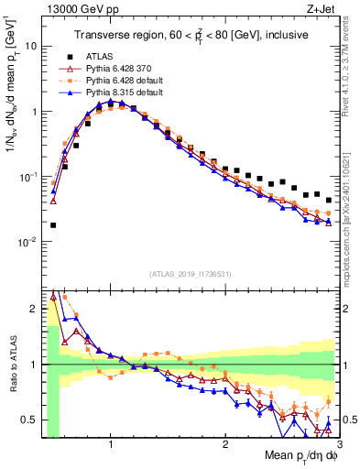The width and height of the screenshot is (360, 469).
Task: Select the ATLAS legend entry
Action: pyautogui.click(x=97, y=55)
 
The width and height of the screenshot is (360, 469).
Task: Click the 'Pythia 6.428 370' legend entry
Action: pyautogui.click(x=116, y=67)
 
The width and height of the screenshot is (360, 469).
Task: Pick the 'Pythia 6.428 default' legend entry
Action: pyautogui.click(x=121, y=80)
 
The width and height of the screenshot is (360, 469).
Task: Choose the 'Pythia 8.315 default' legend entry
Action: pyautogui.click(x=121, y=93)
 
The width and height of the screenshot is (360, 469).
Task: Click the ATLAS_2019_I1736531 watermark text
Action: pyautogui.click(x=190, y=275)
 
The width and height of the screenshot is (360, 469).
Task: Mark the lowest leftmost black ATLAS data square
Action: pyautogui.click(x=53, y=224)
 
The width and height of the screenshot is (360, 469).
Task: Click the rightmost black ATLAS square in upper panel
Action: pyautogui.click(x=329, y=200)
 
